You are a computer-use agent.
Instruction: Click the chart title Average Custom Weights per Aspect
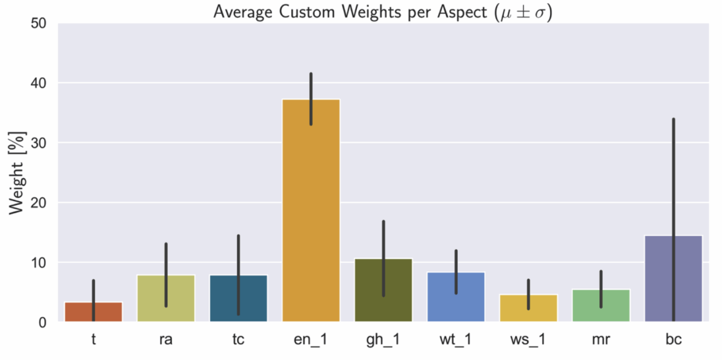coord(383,11)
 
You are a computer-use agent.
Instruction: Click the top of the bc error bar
coord(673,119)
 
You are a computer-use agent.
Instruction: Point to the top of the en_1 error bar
coord(311,73)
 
